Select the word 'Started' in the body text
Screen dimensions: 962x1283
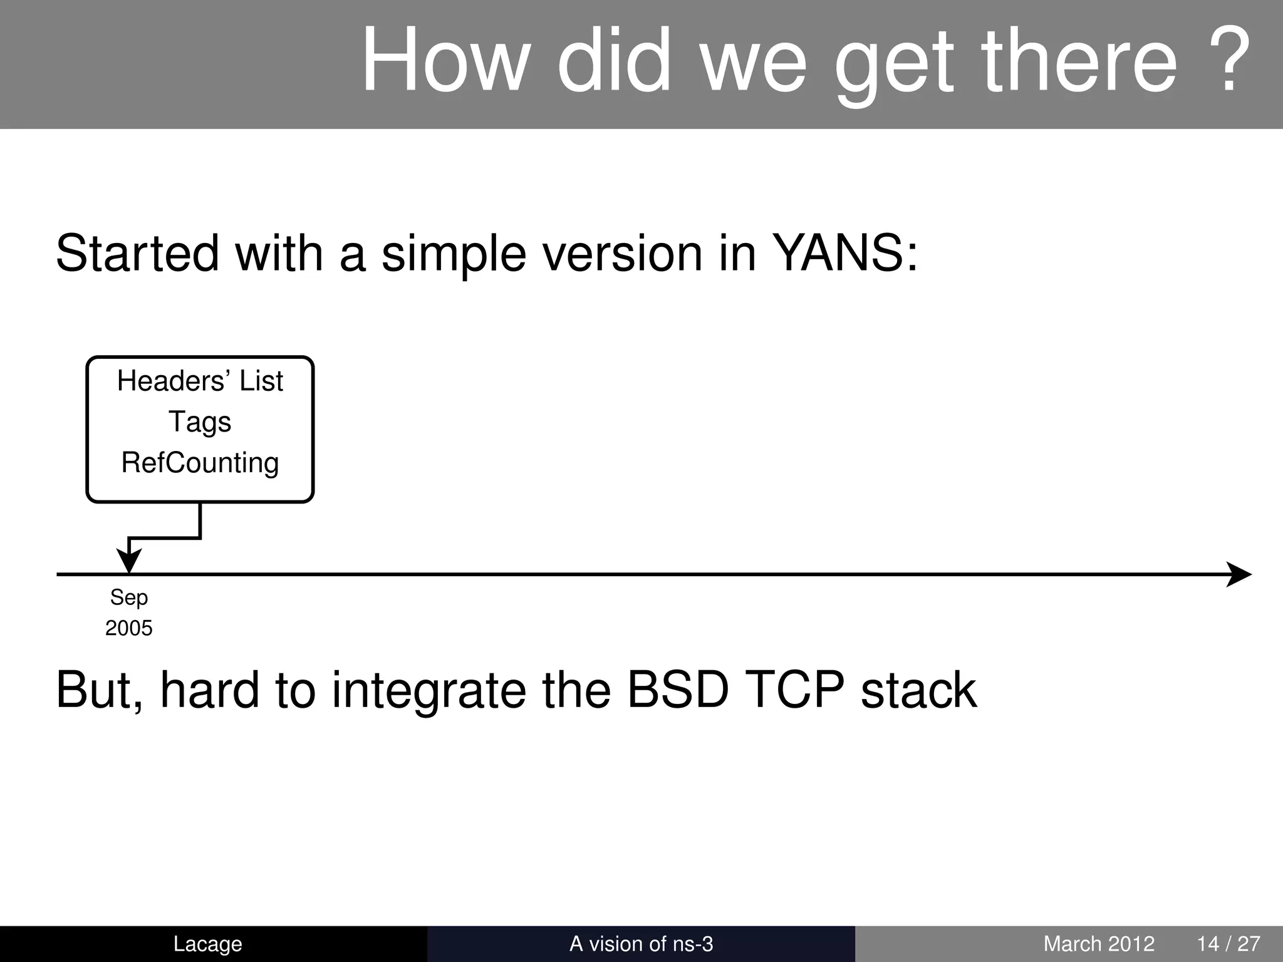(x=137, y=254)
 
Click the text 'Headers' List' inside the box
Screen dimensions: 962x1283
(x=200, y=381)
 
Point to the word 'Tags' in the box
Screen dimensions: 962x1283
(x=200, y=422)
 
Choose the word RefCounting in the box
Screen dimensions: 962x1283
(x=200, y=463)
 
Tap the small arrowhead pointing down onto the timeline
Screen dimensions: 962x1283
(x=129, y=559)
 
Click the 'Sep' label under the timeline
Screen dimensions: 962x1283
(x=129, y=597)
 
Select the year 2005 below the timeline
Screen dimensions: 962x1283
(x=129, y=628)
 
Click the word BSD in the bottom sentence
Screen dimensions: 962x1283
(x=678, y=690)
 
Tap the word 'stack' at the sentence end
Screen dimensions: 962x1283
(x=918, y=690)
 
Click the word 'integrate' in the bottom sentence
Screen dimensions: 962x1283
(x=429, y=690)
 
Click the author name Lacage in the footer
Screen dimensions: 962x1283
(x=207, y=944)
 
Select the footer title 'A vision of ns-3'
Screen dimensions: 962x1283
(x=641, y=944)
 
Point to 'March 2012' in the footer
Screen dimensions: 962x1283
(x=1099, y=944)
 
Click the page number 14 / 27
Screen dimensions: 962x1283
(x=1228, y=944)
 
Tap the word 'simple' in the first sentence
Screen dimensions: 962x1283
(x=454, y=254)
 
